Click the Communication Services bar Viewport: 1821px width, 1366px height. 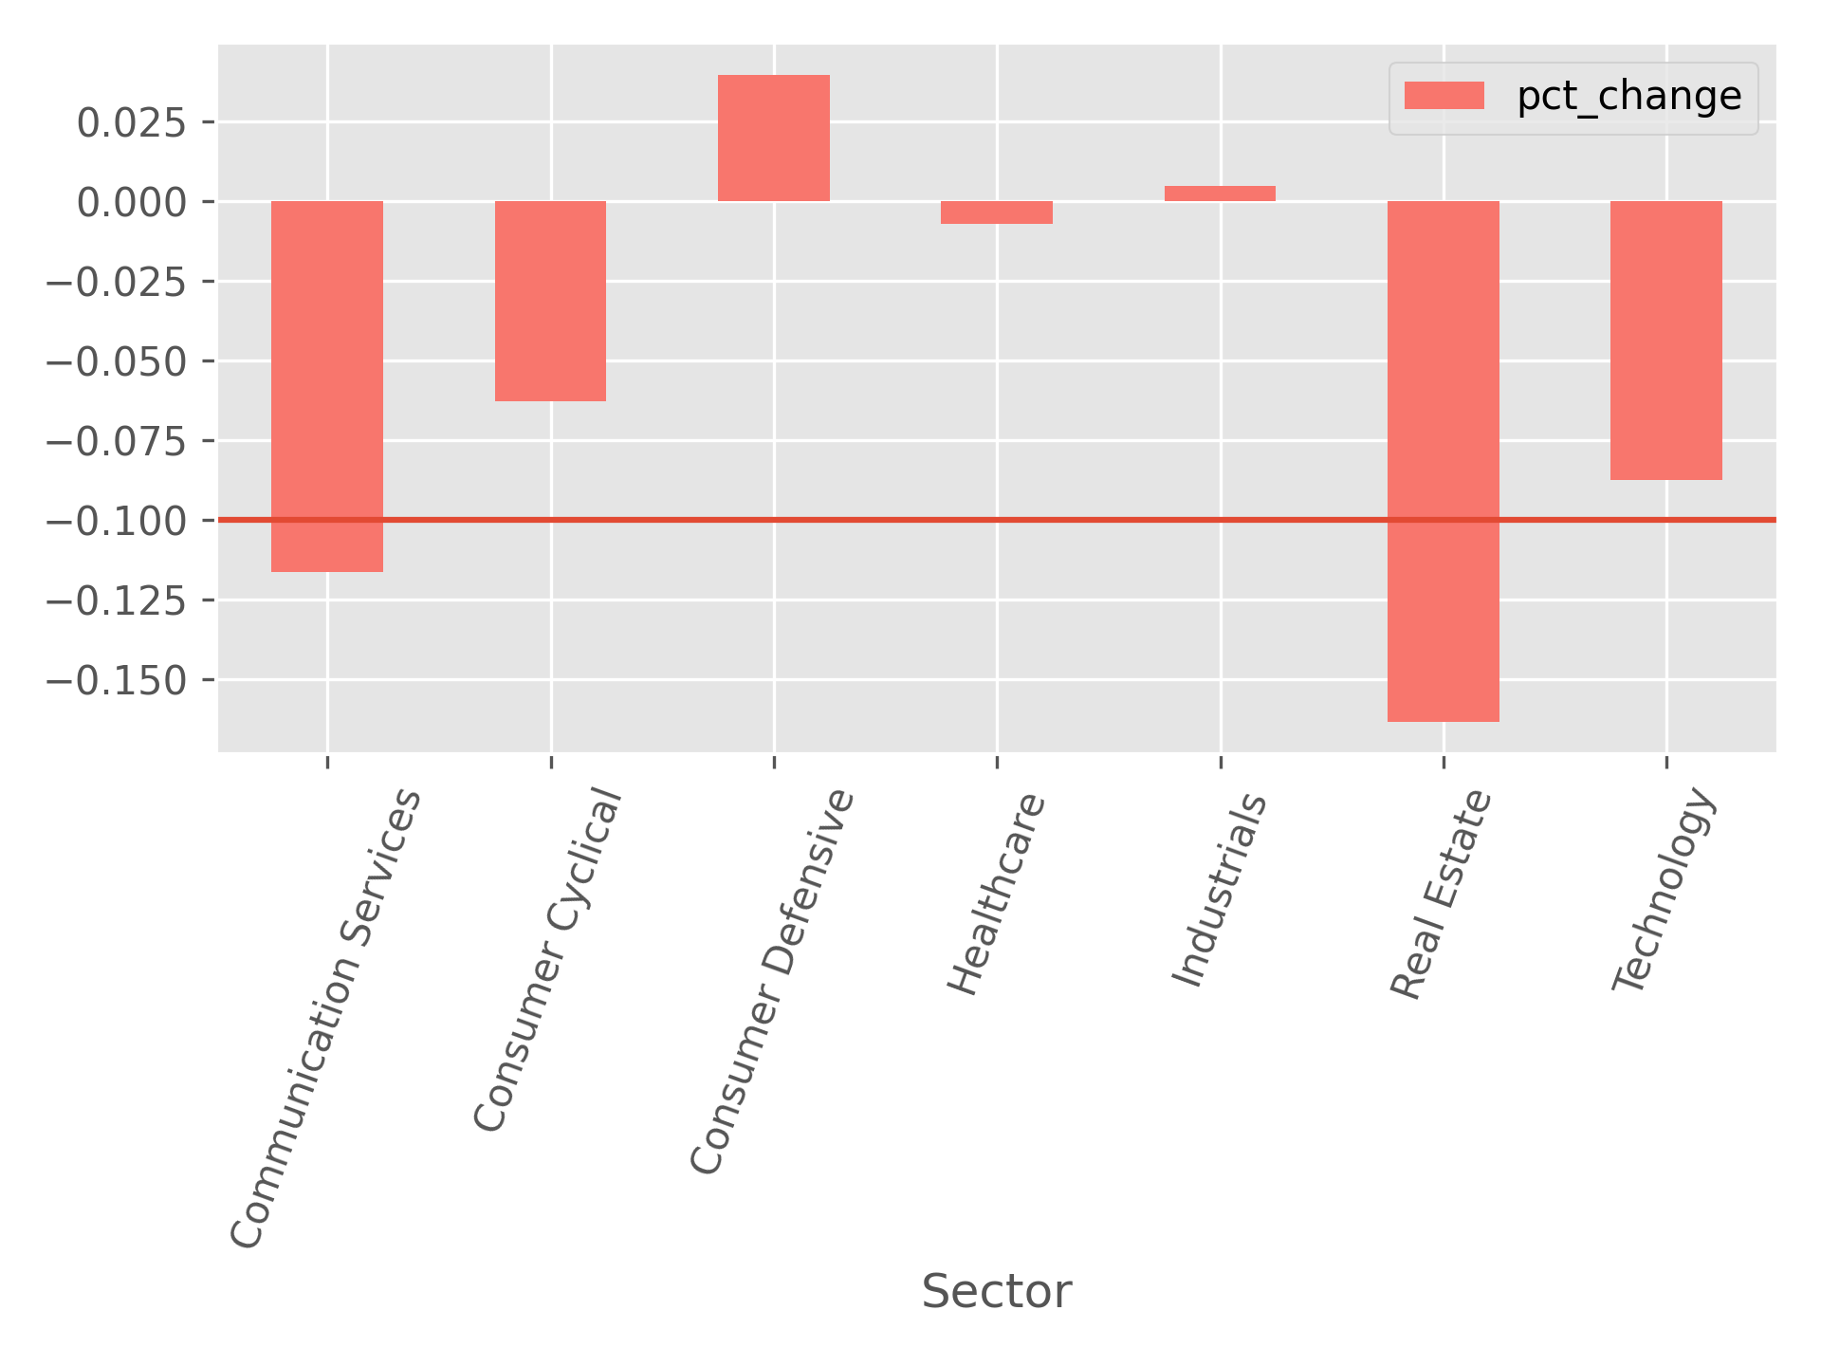tap(327, 386)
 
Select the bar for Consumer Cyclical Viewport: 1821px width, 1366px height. tap(550, 301)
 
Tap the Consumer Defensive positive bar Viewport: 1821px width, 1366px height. tap(774, 138)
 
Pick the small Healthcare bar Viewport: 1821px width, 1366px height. tap(997, 212)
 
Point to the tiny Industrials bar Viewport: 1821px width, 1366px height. tap(1220, 194)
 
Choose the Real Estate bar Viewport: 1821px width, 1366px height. tap(1443, 461)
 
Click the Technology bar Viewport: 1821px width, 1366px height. tap(1665, 341)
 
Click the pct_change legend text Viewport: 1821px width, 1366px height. tap(1628, 97)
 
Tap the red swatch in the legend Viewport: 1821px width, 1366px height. tap(1444, 97)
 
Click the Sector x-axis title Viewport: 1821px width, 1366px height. tap(997, 1292)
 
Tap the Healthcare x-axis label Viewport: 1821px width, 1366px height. tap(998, 895)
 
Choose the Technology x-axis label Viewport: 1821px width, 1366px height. tap(1665, 891)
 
